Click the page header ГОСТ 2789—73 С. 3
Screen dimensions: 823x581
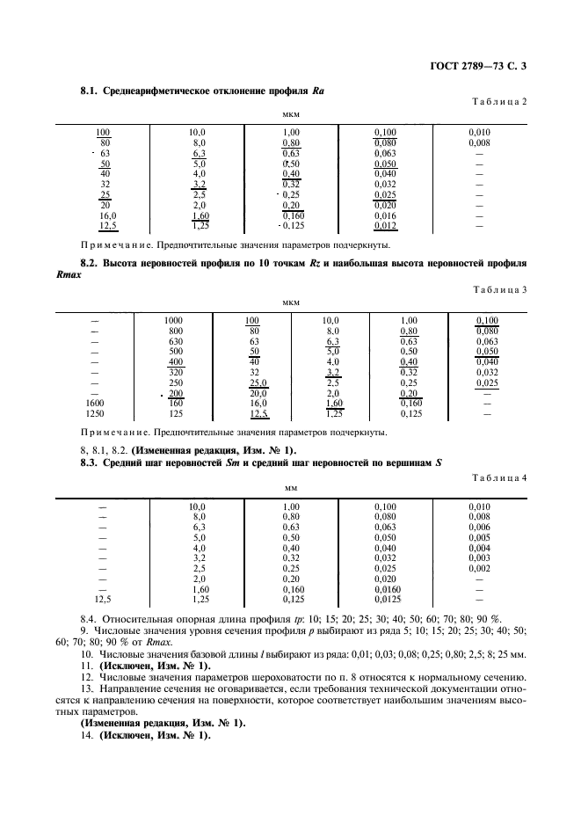click(x=482, y=66)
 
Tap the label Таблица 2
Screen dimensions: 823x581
click(x=499, y=101)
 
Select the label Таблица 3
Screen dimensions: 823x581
click(x=499, y=289)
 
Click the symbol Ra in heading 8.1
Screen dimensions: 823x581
click(x=319, y=91)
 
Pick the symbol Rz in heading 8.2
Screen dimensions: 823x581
click(x=309, y=263)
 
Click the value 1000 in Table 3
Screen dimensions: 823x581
click(x=173, y=320)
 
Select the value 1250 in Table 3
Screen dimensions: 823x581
click(x=95, y=413)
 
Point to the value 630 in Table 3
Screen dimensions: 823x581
click(x=173, y=341)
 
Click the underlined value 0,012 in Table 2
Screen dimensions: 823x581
click(x=385, y=225)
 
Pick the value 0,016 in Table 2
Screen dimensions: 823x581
click(x=385, y=215)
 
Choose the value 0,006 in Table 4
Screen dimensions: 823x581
click(x=479, y=527)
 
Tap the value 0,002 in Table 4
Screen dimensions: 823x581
click(x=479, y=569)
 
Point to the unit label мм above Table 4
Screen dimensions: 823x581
click(x=291, y=488)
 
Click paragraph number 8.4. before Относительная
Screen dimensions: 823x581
click(x=90, y=619)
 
